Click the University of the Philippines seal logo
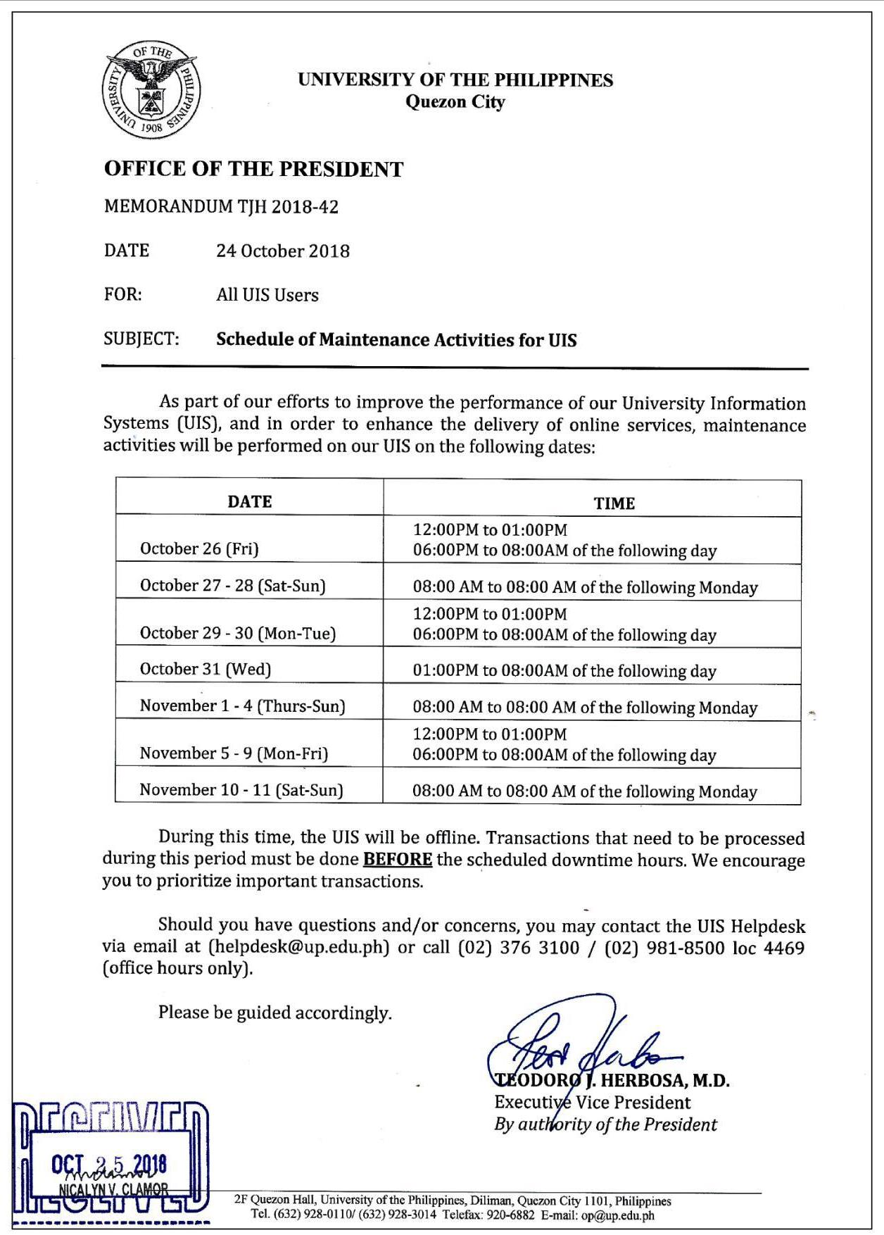tap(150, 89)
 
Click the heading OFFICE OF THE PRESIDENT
tap(253, 169)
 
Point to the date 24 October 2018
tap(282, 251)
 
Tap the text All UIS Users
tap(267, 295)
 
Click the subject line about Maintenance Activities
tap(396, 340)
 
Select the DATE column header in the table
tap(249, 501)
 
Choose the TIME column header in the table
tap(614, 503)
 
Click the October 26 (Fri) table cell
tap(199, 548)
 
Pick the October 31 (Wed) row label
tap(206, 669)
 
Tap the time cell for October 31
tap(564, 670)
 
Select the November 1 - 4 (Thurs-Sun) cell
tap(242, 706)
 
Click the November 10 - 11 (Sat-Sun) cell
tap(241, 789)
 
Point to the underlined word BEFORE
tap(397, 860)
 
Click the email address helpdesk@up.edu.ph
tap(299, 947)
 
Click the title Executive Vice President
tap(592, 1102)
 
